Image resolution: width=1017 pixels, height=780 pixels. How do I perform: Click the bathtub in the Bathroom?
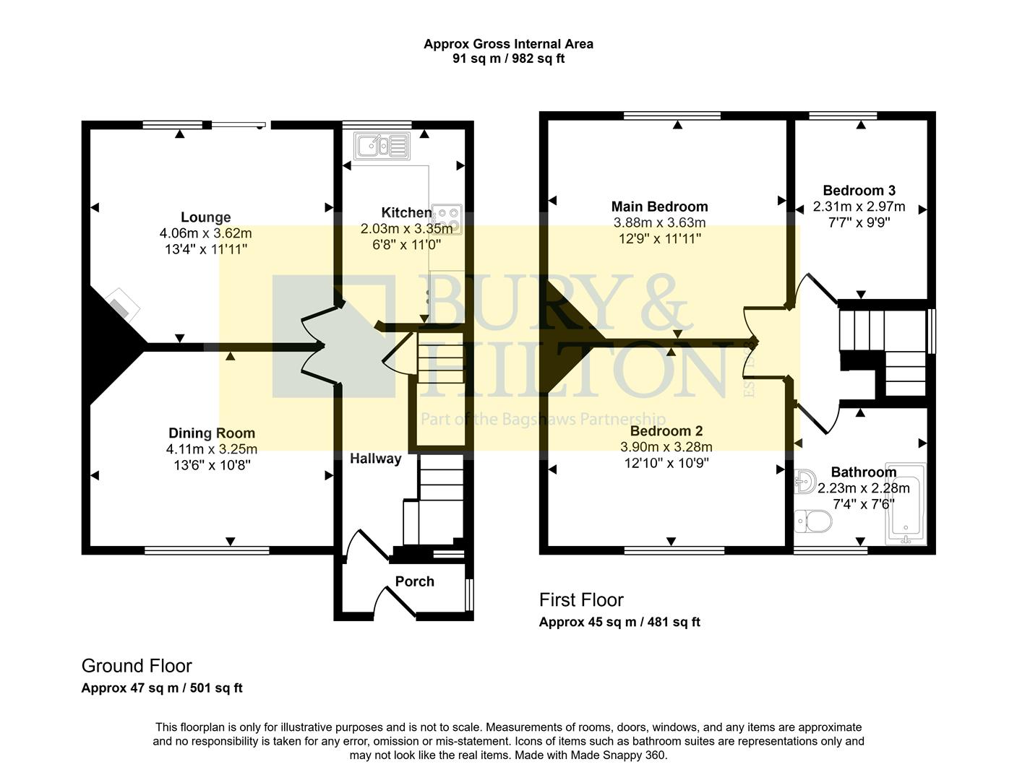(x=905, y=504)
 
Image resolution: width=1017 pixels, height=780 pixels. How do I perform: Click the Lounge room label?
(x=205, y=217)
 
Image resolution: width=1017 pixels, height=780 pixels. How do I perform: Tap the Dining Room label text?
(x=212, y=433)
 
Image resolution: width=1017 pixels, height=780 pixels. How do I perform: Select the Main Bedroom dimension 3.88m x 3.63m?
(x=659, y=222)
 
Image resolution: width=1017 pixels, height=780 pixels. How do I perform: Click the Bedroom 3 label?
(x=859, y=191)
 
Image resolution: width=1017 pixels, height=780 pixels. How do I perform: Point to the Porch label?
(x=414, y=581)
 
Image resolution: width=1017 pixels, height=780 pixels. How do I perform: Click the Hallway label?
(x=375, y=459)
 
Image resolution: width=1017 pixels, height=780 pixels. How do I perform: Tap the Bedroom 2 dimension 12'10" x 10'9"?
(x=666, y=463)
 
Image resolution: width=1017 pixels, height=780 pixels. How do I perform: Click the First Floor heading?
(x=580, y=600)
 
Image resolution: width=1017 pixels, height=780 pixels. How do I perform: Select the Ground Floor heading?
(x=137, y=666)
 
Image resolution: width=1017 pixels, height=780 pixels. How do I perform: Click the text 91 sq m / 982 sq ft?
(x=508, y=59)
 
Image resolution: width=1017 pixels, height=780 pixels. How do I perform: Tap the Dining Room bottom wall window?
(x=207, y=550)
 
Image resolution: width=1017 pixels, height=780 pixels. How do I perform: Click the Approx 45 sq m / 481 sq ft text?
(x=619, y=623)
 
